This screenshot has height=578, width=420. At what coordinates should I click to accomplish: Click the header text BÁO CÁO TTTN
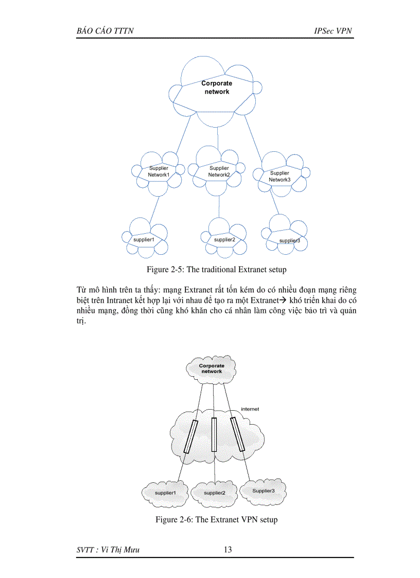tap(105, 31)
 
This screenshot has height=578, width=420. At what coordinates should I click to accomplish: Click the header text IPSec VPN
tap(333, 31)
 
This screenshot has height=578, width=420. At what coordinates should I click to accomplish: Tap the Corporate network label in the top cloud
tap(216, 87)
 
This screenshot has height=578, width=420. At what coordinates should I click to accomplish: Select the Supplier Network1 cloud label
tap(159, 171)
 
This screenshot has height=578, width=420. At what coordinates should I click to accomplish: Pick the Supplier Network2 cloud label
tap(219, 171)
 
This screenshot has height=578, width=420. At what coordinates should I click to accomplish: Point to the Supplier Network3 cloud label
tap(279, 176)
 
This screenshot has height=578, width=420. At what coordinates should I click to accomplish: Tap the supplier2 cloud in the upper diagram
tap(224, 239)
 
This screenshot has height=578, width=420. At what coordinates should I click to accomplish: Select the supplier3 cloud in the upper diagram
tap(289, 240)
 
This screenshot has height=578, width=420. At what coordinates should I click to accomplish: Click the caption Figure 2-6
tap(216, 519)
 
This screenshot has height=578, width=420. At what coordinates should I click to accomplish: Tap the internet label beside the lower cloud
tap(250, 409)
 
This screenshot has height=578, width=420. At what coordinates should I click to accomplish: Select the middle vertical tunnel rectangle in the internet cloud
tap(214, 434)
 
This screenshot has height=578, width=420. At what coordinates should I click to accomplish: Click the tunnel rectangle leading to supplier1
tap(191, 436)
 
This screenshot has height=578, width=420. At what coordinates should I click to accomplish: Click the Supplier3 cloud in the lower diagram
tap(264, 491)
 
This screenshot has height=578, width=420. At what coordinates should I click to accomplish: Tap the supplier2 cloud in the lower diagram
tap(215, 493)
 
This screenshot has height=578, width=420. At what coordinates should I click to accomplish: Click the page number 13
tap(227, 550)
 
